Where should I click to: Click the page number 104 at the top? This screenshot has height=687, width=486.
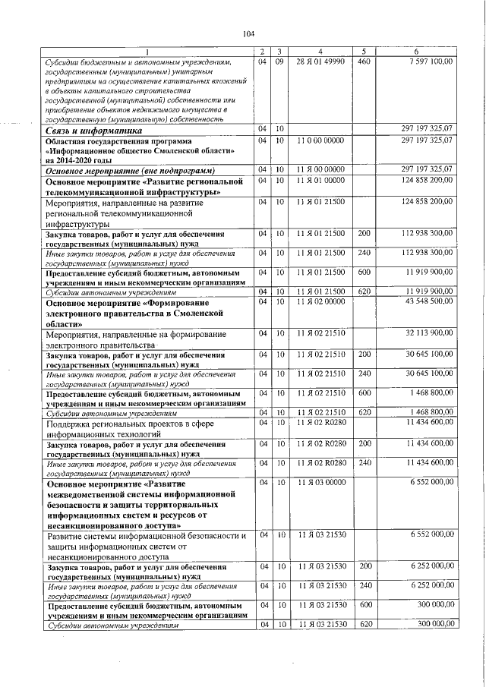point(248,33)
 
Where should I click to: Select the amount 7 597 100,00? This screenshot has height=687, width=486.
point(431,61)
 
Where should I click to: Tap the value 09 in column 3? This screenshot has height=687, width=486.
point(279,61)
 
